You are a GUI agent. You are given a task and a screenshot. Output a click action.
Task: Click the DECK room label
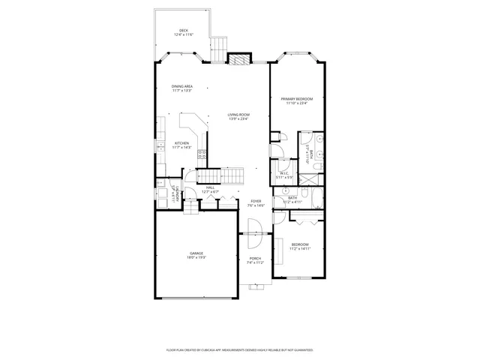[x=184, y=30]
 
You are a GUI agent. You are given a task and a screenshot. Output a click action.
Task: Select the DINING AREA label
[x=182, y=86]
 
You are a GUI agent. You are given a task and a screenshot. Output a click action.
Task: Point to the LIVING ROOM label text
[x=238, y=115]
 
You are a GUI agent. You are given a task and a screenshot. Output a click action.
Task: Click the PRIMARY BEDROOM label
[x=297, y=99]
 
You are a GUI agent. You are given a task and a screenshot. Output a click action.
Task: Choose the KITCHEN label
[x=182, y=143]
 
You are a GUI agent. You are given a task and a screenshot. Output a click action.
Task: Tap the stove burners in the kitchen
[x=202, y=154]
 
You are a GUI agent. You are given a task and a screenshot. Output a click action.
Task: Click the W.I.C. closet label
[x=284, y=173]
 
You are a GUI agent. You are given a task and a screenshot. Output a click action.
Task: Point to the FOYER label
[x=256, y=201]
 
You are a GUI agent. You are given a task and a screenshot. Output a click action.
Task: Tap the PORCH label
[x=256, y=259]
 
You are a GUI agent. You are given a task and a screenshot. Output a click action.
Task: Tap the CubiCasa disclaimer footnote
[x=239, y=349]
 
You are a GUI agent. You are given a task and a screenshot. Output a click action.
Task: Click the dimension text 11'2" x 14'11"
[x=300, y=249]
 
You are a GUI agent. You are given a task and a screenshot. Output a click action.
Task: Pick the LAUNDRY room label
[x=172, y=193]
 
